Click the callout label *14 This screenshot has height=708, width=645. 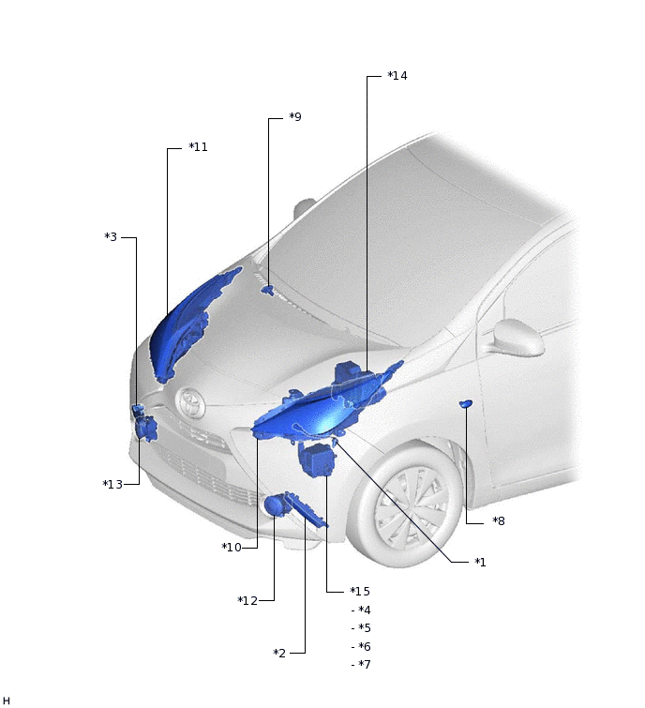397,76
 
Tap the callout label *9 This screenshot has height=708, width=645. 295,117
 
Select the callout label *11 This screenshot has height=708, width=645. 198,147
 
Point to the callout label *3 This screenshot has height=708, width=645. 111,237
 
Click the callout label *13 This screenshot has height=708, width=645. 112,485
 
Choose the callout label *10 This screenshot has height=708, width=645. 232,548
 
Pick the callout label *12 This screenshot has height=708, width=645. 247,601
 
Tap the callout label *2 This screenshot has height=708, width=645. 279,654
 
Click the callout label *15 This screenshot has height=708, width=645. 360,592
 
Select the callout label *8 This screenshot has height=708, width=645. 499,521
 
